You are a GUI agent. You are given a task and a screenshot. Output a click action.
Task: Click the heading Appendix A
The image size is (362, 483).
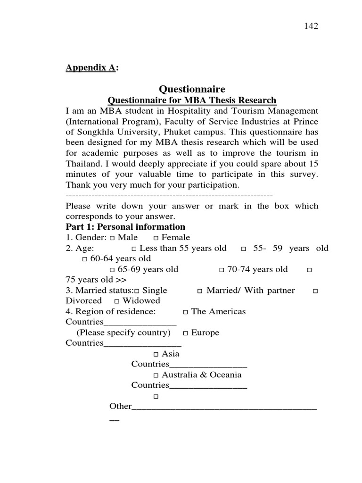click(90, 68)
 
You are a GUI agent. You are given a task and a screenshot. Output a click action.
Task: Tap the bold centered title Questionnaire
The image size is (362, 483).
click(192, 89)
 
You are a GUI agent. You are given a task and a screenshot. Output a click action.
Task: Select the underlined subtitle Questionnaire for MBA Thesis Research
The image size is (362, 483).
click(192, 100)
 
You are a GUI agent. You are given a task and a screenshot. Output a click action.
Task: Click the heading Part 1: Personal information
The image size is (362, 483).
click(125, 227)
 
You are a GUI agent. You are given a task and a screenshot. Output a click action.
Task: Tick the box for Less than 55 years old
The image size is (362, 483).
click(134, 249)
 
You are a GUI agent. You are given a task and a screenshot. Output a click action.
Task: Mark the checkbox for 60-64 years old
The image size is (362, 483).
click(85, 259)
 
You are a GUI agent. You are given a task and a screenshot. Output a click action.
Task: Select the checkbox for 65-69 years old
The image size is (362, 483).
click(112, 270)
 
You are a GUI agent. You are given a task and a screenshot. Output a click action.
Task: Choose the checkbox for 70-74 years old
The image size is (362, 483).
click(222, 270)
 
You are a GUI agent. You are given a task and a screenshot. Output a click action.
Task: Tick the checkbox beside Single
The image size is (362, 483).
click(137, 291)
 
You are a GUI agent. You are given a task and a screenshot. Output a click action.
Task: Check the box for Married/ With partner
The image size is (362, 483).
click(200, 291)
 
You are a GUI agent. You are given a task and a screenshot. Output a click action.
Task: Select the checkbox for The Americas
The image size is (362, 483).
click(186, 312)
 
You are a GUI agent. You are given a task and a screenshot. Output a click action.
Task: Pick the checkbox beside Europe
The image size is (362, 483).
click(186, 333)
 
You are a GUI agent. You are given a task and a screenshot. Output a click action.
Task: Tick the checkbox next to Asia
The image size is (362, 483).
click(156, 354)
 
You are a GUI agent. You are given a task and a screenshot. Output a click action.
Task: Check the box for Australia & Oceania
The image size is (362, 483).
click(156, 375)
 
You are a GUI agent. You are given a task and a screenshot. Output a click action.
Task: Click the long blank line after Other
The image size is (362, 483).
click(224, 407)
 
